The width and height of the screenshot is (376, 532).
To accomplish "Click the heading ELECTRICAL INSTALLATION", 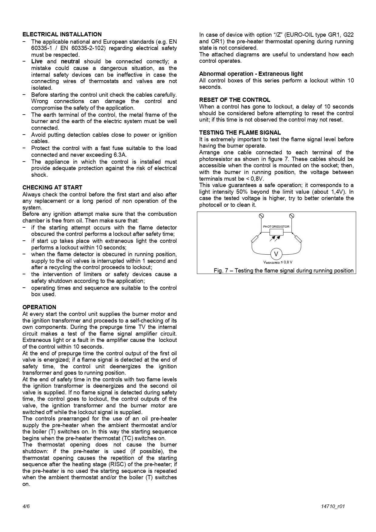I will (62, 35).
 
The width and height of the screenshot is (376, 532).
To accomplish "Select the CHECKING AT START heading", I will (52, 188).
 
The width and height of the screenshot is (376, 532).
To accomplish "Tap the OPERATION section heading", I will (39, 307).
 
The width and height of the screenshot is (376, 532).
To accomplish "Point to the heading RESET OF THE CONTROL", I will (234, 100).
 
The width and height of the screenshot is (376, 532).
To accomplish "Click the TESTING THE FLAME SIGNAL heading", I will (240, 133).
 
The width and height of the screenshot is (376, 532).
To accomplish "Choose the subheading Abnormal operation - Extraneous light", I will (251, 74).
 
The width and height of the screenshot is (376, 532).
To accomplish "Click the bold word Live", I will (37, 62).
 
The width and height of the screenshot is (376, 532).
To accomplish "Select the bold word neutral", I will (70, 62).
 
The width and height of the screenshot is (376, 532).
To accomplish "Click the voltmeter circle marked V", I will (276, 254).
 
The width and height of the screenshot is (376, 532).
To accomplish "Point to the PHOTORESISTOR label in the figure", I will (276, 227).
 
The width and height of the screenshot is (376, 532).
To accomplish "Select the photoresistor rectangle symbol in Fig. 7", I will (276, 233).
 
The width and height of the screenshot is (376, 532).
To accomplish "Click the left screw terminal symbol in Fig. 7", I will (261, 216).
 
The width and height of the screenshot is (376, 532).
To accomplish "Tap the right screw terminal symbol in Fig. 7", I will (292, 216).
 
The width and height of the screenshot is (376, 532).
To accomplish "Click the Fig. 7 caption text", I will (284, 271).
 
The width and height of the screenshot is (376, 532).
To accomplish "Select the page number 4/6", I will (26, 507).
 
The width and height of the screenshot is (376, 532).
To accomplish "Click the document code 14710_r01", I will (333, 507).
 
